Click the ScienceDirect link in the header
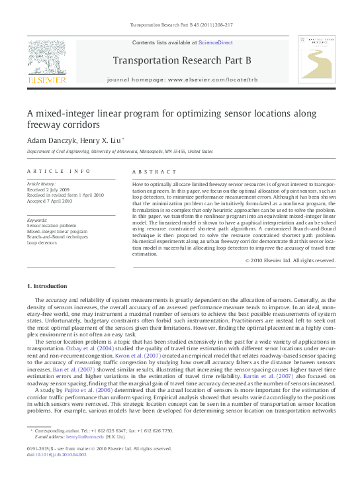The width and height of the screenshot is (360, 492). [216, 42]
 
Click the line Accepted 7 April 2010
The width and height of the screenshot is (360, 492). [50, 201]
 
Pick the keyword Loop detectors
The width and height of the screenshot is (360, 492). [42, 243]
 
